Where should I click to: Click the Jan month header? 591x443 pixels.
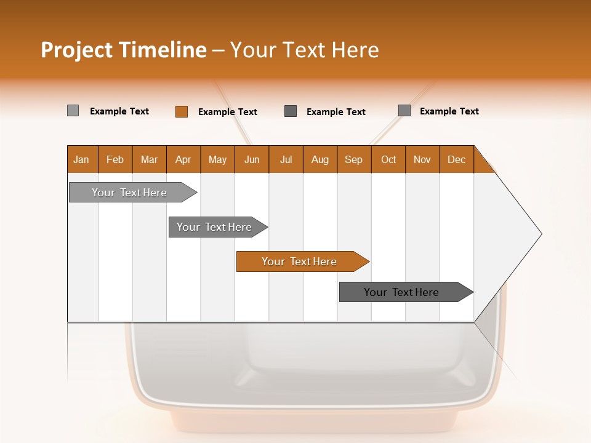click(82, 159)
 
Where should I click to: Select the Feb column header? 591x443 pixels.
click(115, 159)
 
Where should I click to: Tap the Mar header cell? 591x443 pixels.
click(149, 159)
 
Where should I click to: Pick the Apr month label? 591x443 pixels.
click(183, 159)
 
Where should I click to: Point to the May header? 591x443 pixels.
click(217, 159)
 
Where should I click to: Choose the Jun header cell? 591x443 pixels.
click(252, 159)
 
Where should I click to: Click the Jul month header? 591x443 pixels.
click(286, 159)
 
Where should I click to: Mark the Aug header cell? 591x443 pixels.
click(320, 159)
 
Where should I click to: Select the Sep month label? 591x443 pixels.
click(354, 159)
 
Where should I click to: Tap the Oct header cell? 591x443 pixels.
click(388, 159)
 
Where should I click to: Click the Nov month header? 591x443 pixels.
click(422, 159)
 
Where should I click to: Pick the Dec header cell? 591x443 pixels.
click(457, 159)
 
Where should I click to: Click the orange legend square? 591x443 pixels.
click(182, 111)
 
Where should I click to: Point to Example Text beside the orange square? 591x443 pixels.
click(228, 112)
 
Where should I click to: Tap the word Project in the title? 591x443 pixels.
click(76, 50)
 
